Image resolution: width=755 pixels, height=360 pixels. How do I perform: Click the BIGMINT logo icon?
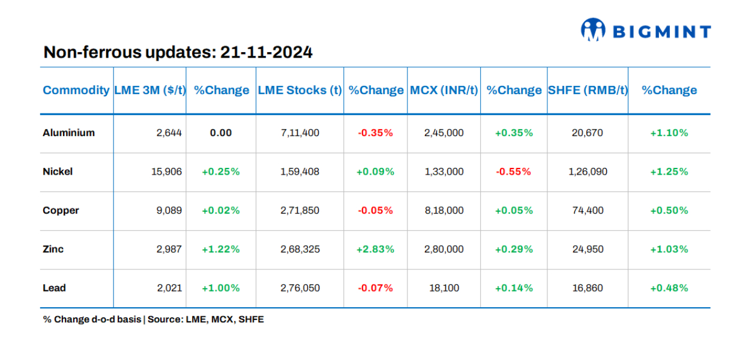[x=592, y=29]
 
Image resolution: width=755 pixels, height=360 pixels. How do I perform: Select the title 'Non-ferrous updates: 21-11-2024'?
[x=178, y=53]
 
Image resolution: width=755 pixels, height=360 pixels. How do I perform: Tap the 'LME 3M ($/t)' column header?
[x=150, y=91]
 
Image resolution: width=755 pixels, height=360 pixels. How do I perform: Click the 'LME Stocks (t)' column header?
[x=299, y=91]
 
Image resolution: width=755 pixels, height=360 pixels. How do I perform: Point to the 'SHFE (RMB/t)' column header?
[x=588, y=91]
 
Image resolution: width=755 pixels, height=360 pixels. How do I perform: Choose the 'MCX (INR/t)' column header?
[x=444, y=91]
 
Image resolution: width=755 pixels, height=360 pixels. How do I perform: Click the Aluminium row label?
[x=68, y=133]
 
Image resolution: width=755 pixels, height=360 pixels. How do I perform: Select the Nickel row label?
[x=58, y=172]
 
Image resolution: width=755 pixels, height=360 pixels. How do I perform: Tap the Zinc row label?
[x=53, y=249]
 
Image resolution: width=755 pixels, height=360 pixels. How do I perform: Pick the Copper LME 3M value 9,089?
[x=169, y=211]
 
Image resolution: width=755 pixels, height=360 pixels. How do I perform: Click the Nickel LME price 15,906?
[x=166, y=172]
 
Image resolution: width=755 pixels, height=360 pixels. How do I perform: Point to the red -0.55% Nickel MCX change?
[x=513, y=172]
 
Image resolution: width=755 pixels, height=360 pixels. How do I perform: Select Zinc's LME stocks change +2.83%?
[x=375, y=249]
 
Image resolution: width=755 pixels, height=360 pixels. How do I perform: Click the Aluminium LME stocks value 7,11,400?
[x=299, y=133]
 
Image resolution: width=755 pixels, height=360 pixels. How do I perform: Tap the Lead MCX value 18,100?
[x=444, y=288]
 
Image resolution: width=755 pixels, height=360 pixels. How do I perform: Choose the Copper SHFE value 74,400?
[x=588, y=211]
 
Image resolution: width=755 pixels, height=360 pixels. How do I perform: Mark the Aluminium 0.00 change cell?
[x=221, y=133]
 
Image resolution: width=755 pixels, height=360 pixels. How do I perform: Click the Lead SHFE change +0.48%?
[x=669, y=288]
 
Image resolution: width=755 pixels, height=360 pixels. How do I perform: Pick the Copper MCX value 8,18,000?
[x=444, y=211]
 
